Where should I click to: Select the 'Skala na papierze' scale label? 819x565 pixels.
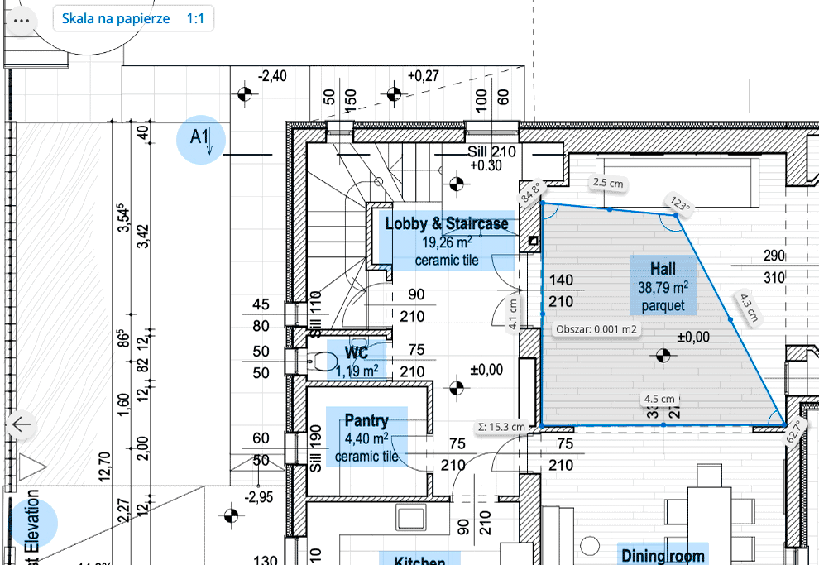[x=116, y=18]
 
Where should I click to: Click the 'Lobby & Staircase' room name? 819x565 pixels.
[x=447, y=223]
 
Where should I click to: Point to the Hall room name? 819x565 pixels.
[x=663, y=269]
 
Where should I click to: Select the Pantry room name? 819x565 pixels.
[x=366, y=420]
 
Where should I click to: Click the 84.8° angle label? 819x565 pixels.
[x=529, y=194]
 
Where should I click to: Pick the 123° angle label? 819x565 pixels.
[x=680, y=203]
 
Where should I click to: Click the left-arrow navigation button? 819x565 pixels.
[x=21, y=425]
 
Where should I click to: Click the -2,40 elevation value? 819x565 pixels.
[x=272, y=76]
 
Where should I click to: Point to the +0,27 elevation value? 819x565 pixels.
[x=424, y=76]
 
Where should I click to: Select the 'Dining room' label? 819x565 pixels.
[x=663, y=556]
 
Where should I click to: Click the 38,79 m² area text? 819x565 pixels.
[x=663, y=288]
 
